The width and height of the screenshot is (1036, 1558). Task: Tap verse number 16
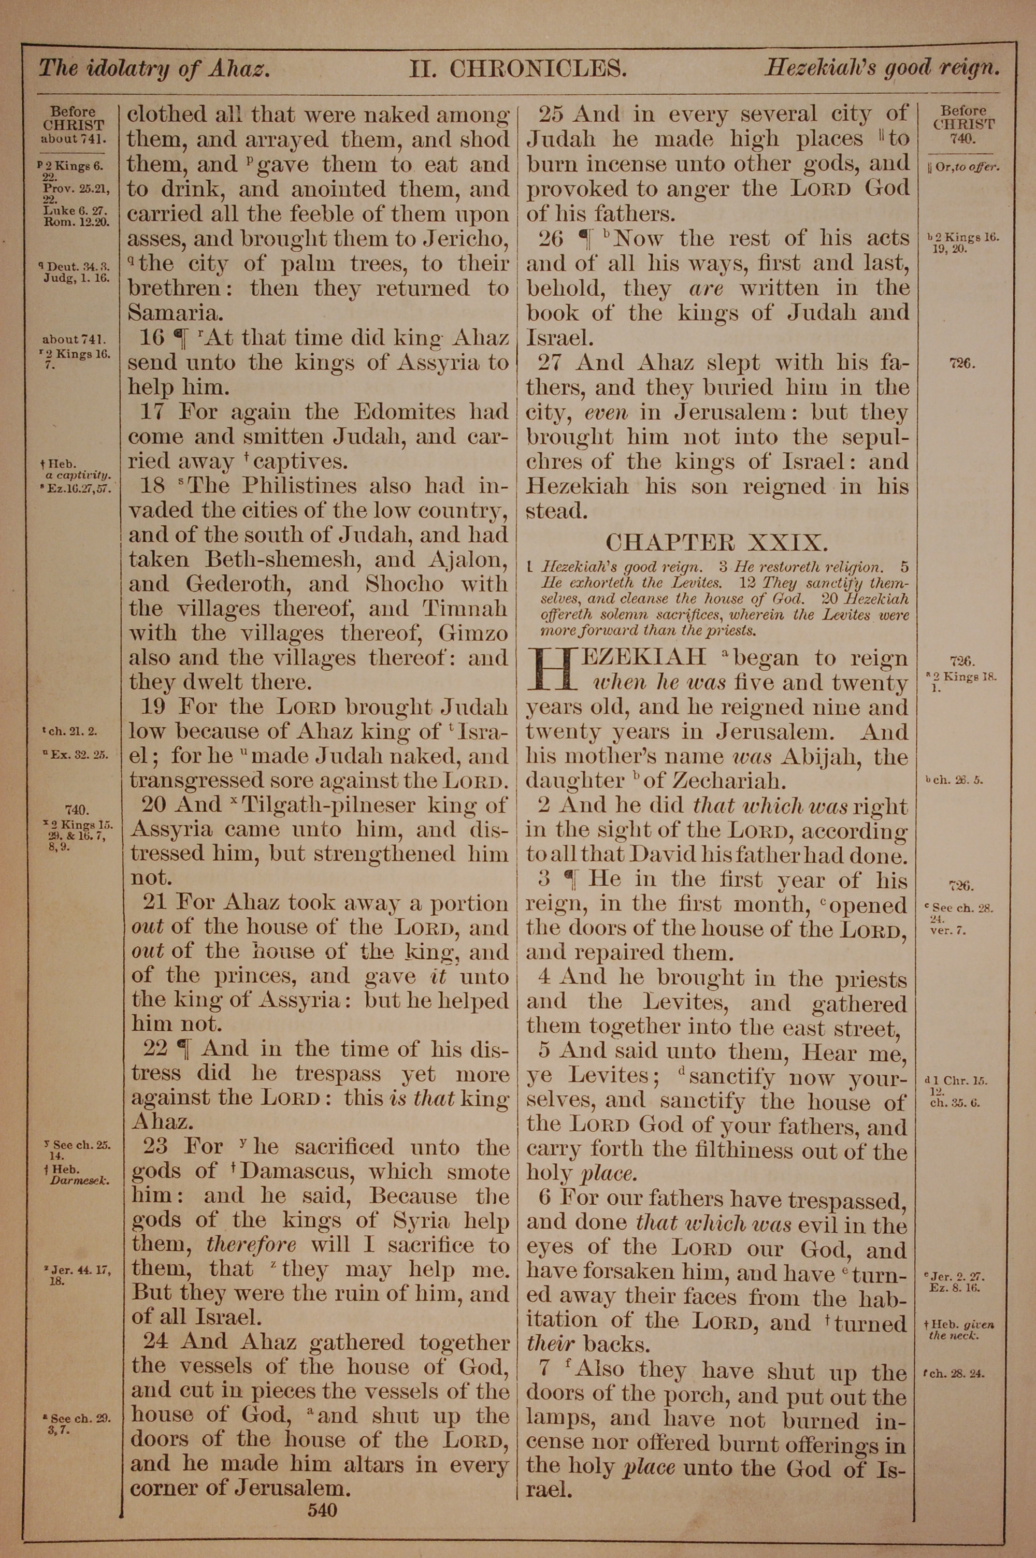(151, 338)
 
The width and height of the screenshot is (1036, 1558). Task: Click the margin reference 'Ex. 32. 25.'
(77, 755)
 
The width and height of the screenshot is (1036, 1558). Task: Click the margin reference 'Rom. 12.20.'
(75, 221)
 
